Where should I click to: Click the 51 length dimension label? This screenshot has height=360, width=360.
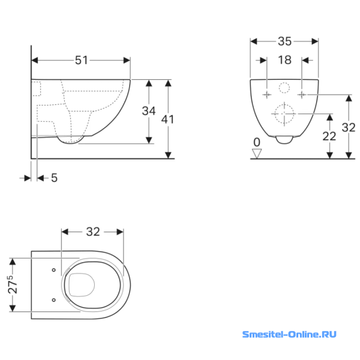[82, 61]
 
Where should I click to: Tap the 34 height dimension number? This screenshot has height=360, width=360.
[149, 111]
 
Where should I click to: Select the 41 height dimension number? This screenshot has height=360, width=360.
[167, 119]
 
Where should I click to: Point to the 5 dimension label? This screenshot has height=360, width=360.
[54, 178]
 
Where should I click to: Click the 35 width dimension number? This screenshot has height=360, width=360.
[284, 41]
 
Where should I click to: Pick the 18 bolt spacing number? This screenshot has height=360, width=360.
[284, 60]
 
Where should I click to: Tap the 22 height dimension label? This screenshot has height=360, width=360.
[329, 136]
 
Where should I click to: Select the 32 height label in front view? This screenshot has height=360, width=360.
[349, 127]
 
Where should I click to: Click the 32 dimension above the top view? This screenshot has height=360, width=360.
[93, 232]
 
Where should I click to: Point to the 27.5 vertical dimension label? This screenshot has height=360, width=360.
[13, 284]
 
